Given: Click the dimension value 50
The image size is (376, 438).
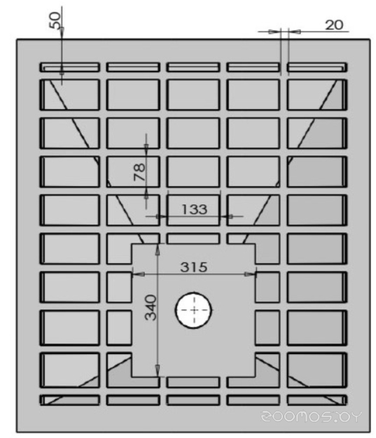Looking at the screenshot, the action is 55,20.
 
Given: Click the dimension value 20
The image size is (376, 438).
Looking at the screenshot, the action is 334,25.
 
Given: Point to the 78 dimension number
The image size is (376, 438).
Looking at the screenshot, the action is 139,172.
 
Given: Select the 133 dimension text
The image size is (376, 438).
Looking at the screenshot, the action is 194,209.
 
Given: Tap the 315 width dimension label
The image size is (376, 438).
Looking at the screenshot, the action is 194,267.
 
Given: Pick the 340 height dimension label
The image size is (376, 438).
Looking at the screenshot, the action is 151,307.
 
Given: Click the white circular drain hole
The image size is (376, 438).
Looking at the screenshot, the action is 193,310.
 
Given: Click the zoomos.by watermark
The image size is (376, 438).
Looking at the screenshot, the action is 311,416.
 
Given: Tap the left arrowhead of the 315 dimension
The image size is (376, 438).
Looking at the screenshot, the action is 138,274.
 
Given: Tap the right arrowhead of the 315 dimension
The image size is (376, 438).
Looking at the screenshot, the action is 250,274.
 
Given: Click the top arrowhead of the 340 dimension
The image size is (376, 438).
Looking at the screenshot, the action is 158,250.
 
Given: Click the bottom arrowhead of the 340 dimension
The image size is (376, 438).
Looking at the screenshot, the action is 158,371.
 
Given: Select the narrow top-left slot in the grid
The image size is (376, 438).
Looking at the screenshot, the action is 69,67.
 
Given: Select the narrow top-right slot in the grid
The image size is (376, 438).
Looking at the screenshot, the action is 317,67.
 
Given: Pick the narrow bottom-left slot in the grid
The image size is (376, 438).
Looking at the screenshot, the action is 69,400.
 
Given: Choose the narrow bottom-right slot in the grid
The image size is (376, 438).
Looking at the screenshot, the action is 317,400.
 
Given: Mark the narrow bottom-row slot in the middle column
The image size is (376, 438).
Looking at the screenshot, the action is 193,400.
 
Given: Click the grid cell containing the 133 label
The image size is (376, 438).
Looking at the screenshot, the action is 193,210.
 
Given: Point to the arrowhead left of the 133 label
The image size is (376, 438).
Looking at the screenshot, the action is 161,216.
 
